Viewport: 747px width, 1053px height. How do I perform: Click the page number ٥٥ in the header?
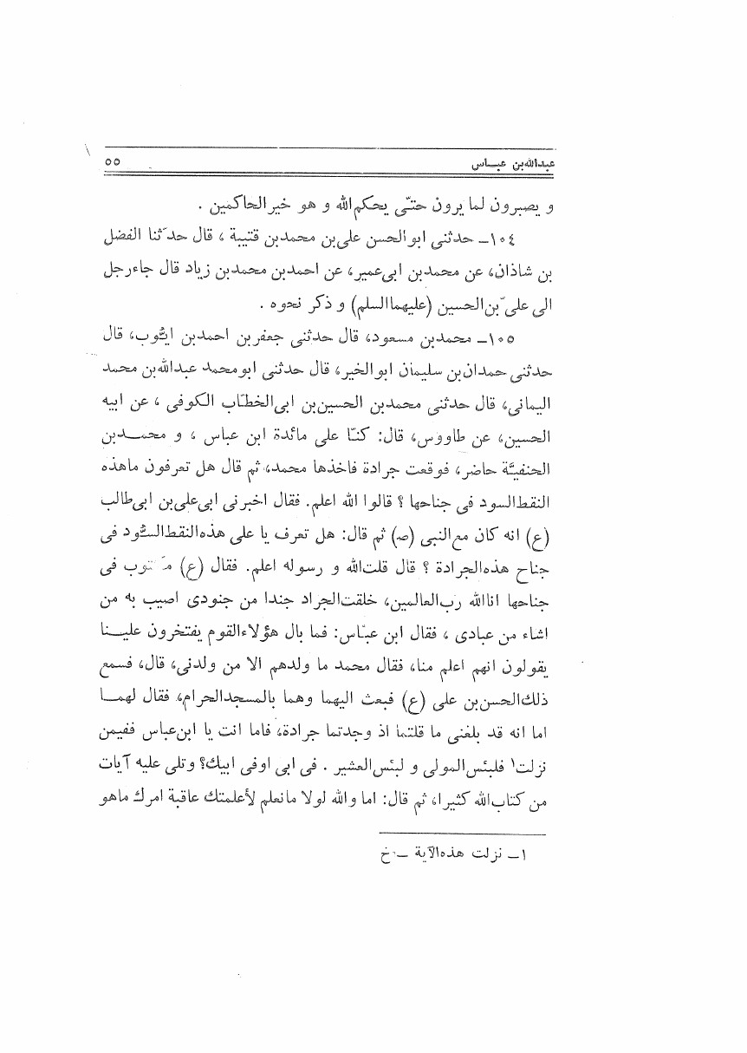pyautogui.click(x=113, y=161)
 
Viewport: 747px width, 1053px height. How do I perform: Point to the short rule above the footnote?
pyautogui.click(x=464, y=831)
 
